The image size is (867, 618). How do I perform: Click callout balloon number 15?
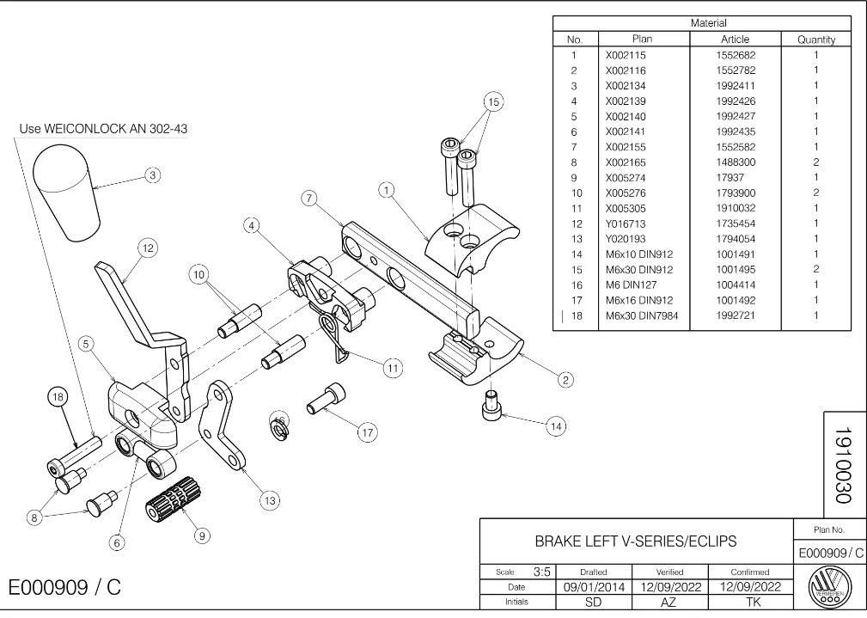[x=494, y=101]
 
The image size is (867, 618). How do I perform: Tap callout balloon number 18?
[x=58, y=397]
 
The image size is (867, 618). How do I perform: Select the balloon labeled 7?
[x=309, y=198]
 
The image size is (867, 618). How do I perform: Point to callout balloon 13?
[x=270, y=501]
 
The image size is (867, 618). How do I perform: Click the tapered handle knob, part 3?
[x=67, y=192]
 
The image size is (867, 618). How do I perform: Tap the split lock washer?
[x=280, y=427]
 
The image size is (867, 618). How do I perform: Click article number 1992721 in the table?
[x=736, y=315]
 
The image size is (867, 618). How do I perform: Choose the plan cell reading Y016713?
[x=626, y=223]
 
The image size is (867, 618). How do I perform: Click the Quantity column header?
[x=816, y=40]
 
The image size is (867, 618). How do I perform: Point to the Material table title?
[x=708, y=23]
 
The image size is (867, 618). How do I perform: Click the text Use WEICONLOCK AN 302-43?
[x=103, y=129]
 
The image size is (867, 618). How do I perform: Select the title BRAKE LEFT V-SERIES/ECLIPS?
[x=636, y=542]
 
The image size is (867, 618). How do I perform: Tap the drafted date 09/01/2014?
[x=594, y=587]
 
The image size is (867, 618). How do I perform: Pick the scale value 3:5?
[x=542, y=572]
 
